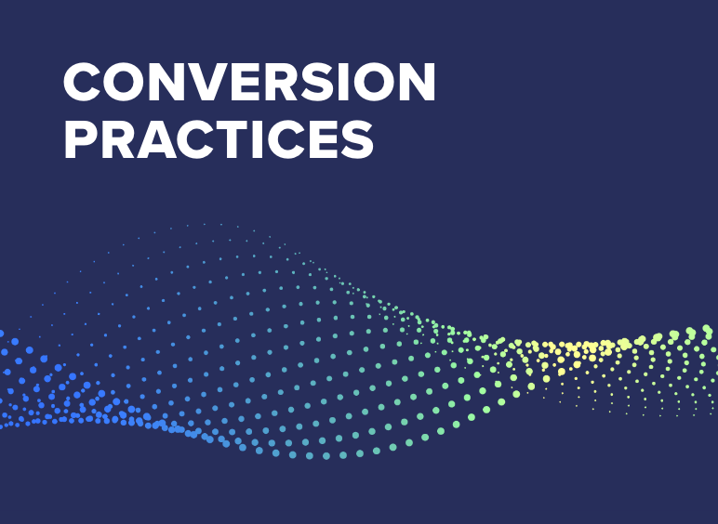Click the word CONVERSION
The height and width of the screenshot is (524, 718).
click(x=249, y=85)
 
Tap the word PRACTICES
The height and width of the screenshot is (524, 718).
click(x=219, y=140)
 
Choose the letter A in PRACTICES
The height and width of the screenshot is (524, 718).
click(x=160, y=140)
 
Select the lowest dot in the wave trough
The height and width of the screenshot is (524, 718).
click(x=326, y=456)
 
